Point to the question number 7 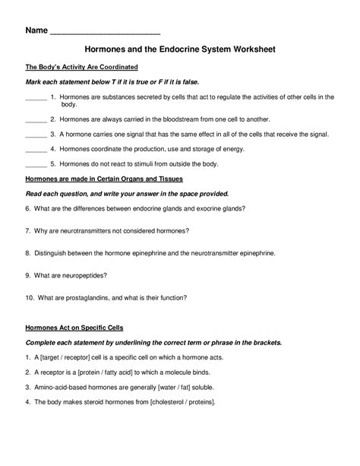click(x=27, y=230)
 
